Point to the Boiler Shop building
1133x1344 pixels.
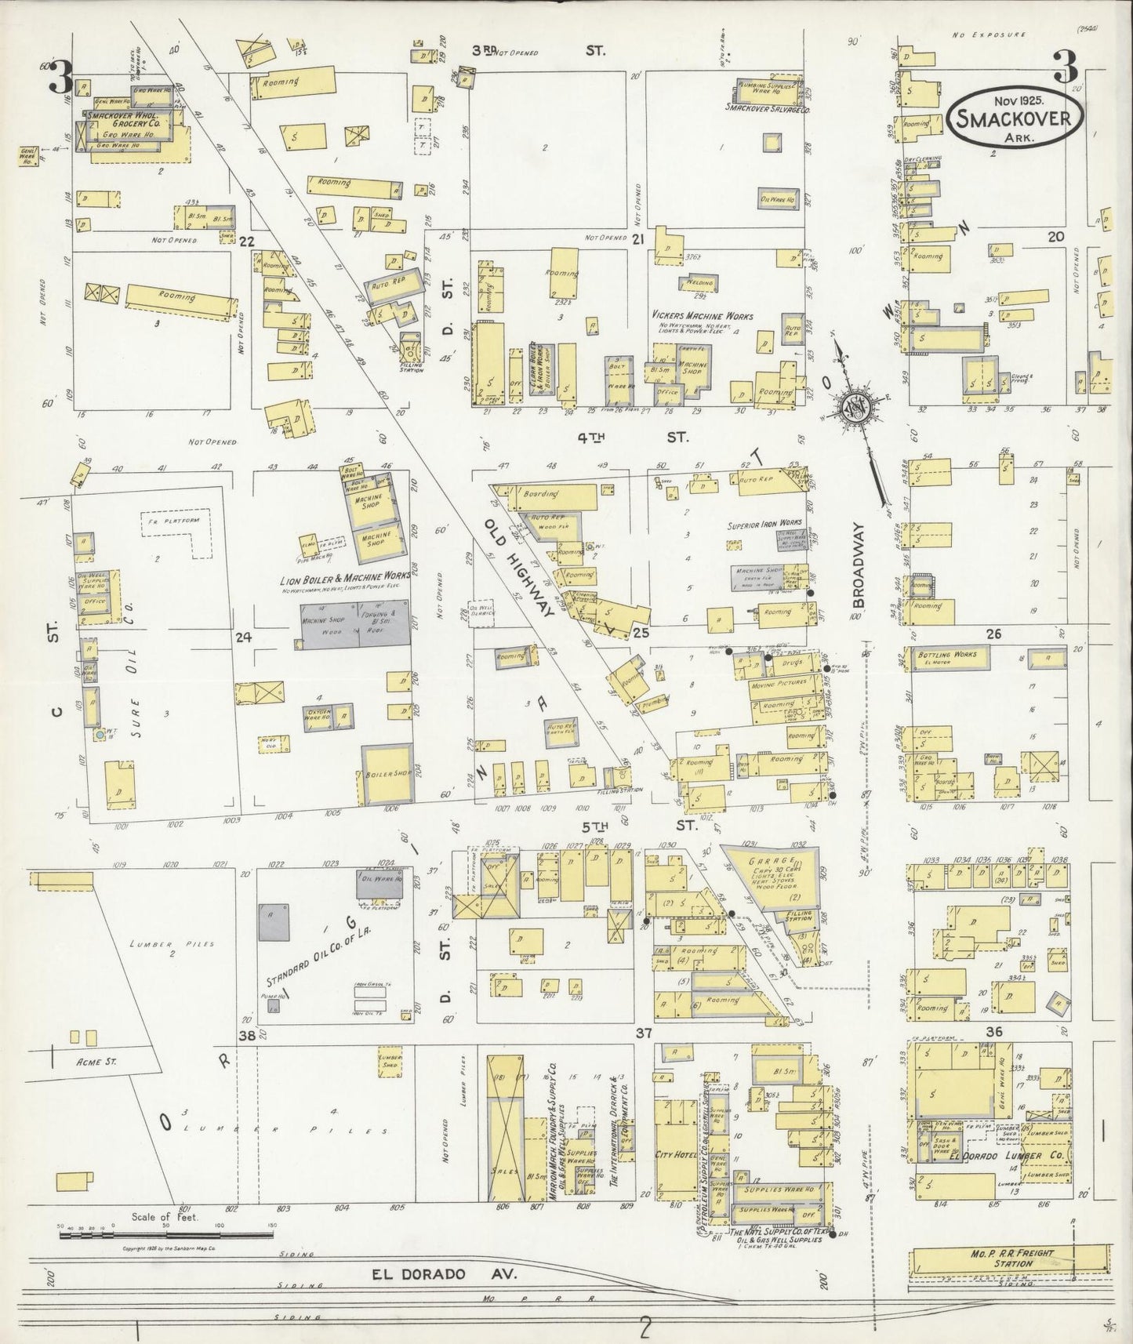[x=382, y=773]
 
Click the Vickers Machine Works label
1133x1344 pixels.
[x=703, y=316]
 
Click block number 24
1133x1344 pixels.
[x=243, y=637]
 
